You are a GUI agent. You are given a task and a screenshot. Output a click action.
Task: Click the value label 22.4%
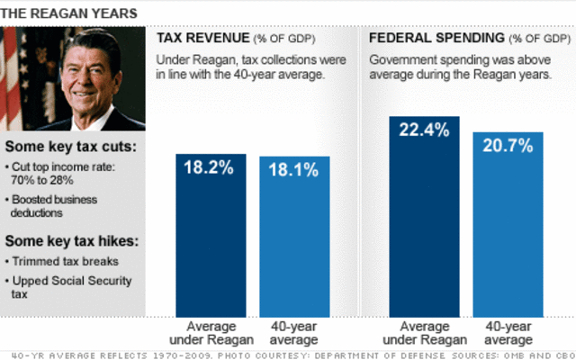[424, 130]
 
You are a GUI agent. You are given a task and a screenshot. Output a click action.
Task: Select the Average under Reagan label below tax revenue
[210, 332]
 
